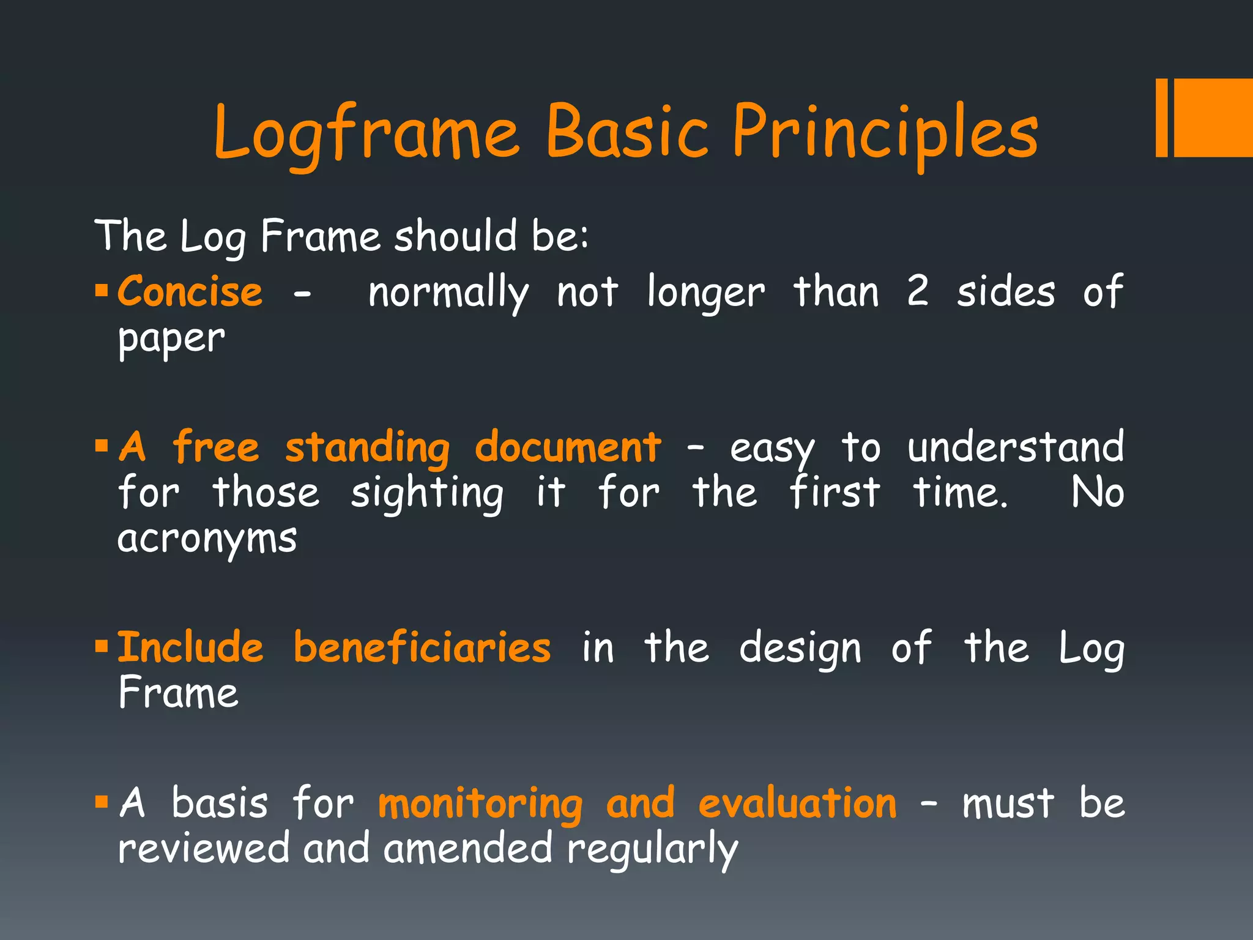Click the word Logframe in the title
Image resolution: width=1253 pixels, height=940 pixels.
(x=366, y=133)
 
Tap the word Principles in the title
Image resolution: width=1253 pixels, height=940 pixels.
(x=885, y=133)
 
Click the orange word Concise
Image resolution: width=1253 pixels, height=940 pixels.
(x=190, y=291)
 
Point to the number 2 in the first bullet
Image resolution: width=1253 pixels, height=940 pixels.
(x=917, y=291)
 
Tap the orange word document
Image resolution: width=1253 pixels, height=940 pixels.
(x=568, y=447)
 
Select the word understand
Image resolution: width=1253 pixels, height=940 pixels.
(x=1015, y=447)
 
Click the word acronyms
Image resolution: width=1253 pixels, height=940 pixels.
(x=207, y=540)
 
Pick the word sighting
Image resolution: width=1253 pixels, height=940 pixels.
(x=427, y=493)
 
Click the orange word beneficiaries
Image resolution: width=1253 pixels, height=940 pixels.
(x=422, y=647)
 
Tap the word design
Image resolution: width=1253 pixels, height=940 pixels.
(x=800, y=649)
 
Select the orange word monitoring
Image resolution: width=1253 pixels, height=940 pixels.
(x=480, y=804)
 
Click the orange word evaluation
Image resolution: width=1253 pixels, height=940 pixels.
(x=797, y=804)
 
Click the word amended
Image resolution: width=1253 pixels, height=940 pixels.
(x=467, y=849)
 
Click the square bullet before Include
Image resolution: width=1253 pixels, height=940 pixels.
(x=102, y=646)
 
